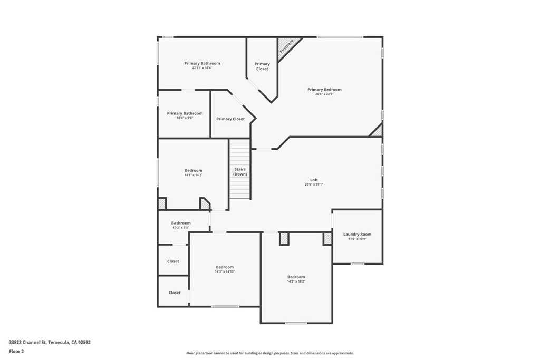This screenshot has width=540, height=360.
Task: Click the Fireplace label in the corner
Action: click(286, 46)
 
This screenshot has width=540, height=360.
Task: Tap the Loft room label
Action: click(314, 180)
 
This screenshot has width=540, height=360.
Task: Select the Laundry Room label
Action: click(357, 234)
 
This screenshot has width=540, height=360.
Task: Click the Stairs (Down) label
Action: click(240, 171)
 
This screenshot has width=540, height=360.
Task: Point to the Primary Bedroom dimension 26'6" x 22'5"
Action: click(324, 94)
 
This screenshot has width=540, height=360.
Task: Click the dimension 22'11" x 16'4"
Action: click(202, 68)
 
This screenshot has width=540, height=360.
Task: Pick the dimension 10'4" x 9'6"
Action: click(185, 118)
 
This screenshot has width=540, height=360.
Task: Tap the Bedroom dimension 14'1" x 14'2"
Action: click(194, 175)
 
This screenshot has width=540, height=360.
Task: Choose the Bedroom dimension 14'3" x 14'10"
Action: click(225, 271)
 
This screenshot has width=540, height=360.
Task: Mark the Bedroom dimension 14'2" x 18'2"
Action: click(296, 281)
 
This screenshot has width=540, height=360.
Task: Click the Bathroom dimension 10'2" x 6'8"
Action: click(181, 228)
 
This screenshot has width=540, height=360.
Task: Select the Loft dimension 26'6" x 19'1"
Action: click(314, 184)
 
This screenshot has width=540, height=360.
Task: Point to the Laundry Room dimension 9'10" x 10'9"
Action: click(357, 239)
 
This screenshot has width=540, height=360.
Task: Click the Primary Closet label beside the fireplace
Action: click(262, 66)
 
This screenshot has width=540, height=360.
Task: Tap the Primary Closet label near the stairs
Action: click(230, 119)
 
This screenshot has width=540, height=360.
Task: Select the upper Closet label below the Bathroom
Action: click(173, 261)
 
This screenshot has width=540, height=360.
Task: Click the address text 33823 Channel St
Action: click(27, 342)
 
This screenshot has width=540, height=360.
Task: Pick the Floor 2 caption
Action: click(16, 352)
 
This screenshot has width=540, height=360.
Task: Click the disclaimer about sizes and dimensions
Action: click(270, 353)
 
